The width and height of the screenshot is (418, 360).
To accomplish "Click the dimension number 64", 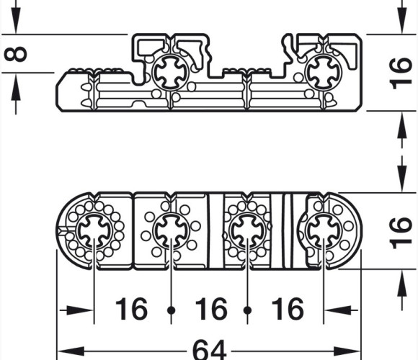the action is (x=209, y=349).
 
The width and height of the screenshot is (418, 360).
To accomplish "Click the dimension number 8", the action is (x=15, y=54).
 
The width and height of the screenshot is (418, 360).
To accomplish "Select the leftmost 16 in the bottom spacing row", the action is (x=131, y=309).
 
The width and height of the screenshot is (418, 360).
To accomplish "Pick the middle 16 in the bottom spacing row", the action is (x=211, y=309).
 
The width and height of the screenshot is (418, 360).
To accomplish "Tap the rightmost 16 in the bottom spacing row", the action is (x=288, y=309).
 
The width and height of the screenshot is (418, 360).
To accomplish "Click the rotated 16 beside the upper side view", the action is (x=401, y=73).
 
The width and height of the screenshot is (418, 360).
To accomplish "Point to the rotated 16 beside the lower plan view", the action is (x=401, y=233).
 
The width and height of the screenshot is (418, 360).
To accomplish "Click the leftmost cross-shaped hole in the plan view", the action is (x=94, y=230).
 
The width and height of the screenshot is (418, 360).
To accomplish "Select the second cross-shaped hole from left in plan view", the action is (x=171, y=230).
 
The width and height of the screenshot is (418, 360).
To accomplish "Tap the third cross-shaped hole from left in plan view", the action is (x=248, y=230).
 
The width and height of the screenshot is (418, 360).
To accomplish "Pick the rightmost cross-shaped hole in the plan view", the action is (x=324, y=230).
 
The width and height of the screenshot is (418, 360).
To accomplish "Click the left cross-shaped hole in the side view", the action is (x=170, y=73).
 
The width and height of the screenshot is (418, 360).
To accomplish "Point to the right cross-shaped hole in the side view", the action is (x=324, y=73).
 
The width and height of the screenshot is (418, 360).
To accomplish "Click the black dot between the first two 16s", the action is (x=171, y=310).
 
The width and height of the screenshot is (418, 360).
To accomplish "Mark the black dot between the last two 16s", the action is (x=248, y=310).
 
